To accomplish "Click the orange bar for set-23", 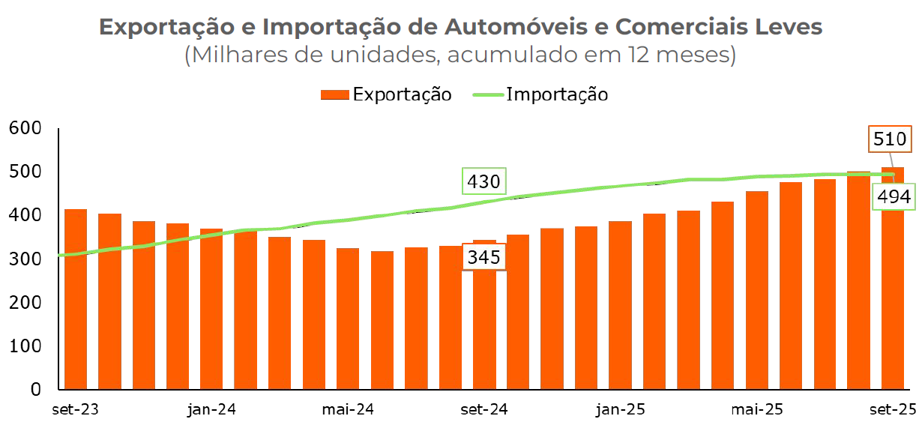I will pos(76,300).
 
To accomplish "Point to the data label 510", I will pos(891,139).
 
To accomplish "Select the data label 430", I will pos(483,182).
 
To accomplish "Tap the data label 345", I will pos(483,257).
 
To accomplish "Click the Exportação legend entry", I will pos(386,94).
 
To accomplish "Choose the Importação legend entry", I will pos(540,94).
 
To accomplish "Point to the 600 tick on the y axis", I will pos(25,128).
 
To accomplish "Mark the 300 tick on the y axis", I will pos(25,259).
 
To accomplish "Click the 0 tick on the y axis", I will pos(34,390).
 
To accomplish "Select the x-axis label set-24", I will pos(483,410).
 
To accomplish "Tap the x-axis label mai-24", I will pos(348,410).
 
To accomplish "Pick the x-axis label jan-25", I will pos(620,410).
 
